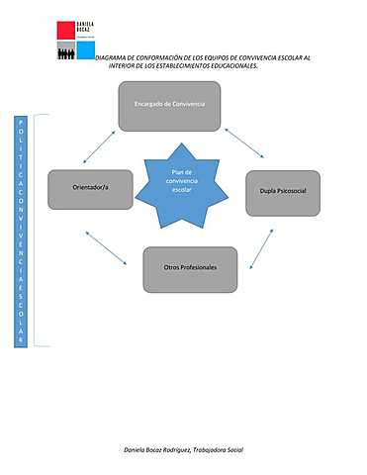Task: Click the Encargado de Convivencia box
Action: pyautogui.click(x=168, y=106)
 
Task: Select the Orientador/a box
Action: pyautogui.click(x=90, y=189)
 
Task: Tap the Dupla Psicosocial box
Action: pyautogui.click(x=283, y=192)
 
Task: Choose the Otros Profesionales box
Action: pyautogui.click(x=190, y=268)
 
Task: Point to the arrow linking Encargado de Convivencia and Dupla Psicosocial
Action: pyautogui.click(x=243, y=142)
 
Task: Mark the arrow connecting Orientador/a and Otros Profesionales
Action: pyautogui.click(x=109, y=247)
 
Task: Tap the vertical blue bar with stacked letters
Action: pyautogui.click(x=21, y=230)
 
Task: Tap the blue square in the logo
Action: pyautogui.click(x=86, y=49)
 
